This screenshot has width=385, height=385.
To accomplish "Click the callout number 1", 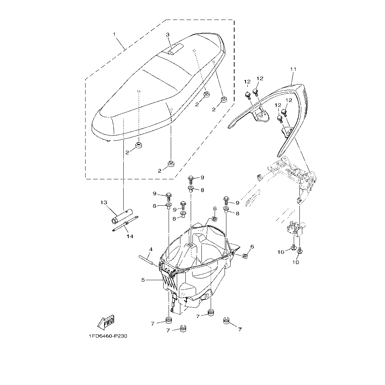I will coord(114,34).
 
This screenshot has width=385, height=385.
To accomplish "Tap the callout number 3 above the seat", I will coord(168,35).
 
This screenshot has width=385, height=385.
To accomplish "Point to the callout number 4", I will coord(151,249).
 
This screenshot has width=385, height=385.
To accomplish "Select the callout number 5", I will coord(143,280).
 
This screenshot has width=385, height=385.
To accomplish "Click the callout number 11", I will coord(293,69).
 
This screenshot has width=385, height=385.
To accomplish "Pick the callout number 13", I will coord(104,202).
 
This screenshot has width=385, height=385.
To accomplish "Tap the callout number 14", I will coord(130,236).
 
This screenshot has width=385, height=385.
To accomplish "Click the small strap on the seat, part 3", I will coord(175,49).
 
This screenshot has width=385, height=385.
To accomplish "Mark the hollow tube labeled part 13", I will coord(120,215).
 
